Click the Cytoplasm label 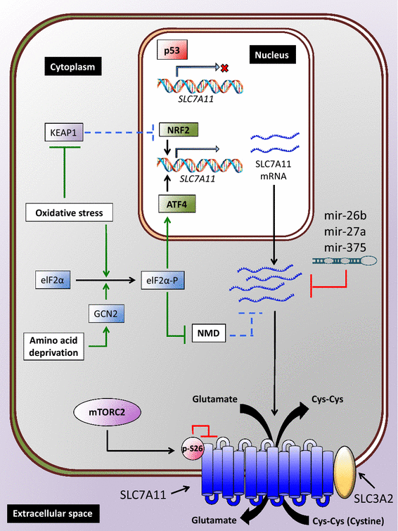[72, 68]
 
